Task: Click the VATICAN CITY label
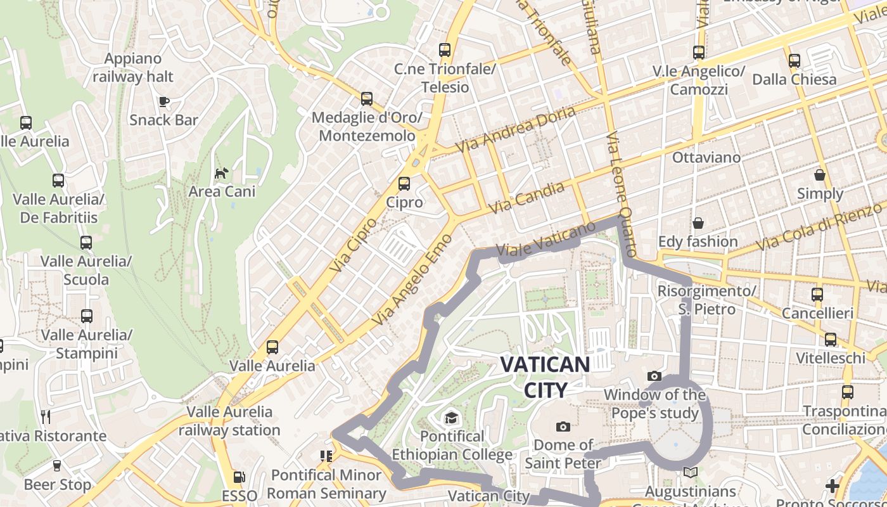(x=545, y=376)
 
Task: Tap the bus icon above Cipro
(x=404, y=184)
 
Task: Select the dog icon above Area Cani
(x=221, y=173)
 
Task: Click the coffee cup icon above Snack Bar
(x=163, y=101)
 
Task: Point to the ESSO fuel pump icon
(x=239, y=477)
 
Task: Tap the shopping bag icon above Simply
(x=820, y=175)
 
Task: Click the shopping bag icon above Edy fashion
(x=698, y=223)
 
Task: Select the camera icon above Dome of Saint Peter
(x=563, y=427)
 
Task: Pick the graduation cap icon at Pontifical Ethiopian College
(x=450, y=418)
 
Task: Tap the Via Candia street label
(x=526, y=198)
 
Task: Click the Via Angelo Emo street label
(x=412, y=279)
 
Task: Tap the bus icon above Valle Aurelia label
(x=272, y=347)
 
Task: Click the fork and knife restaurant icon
(x=46, y=416)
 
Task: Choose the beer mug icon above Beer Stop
(x=57, y=466)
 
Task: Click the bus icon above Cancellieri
(x=817, y=294)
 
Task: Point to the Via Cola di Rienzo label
(x=820, y=226)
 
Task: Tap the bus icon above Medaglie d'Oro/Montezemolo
(x=367, y=99)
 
